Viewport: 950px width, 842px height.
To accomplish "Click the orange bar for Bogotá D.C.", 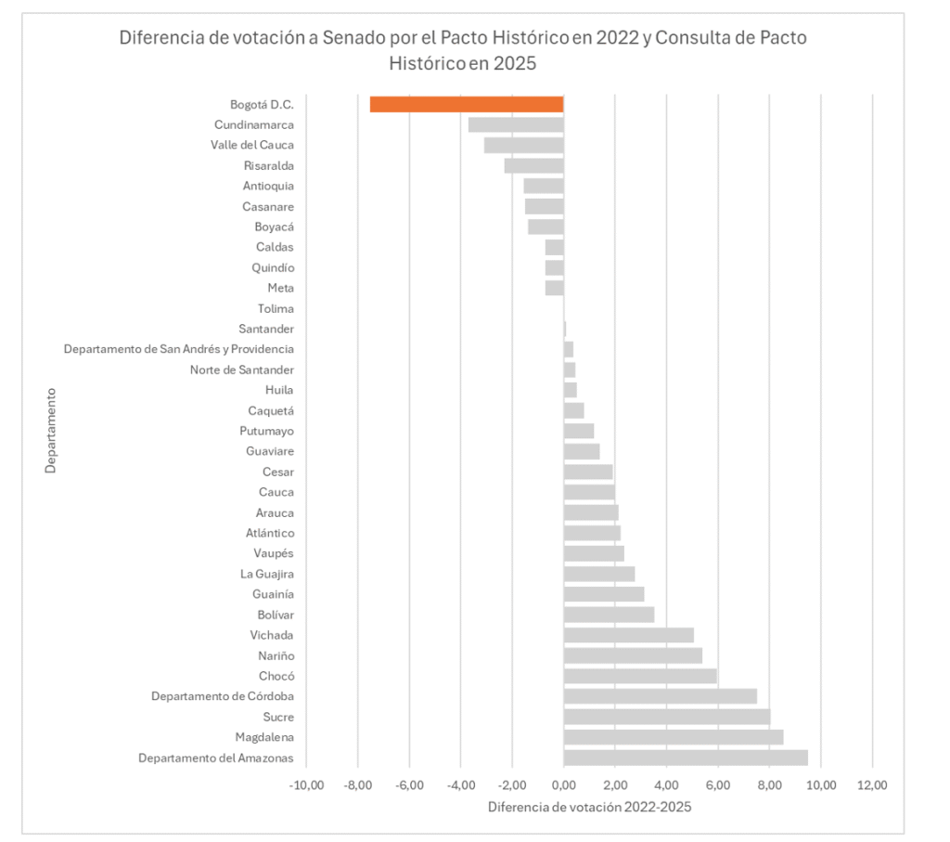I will pyautogui.click(x=467, y=104).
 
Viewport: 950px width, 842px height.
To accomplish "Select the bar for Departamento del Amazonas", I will pyautogui.click(x=686, y=758).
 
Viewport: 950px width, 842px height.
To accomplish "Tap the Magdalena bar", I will pyautogui.click(x=674, y=737).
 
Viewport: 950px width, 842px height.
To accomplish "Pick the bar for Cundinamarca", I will pyautogui.click(x=516, y=124).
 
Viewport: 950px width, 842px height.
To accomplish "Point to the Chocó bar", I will pyautogui.click(x=640, y=676).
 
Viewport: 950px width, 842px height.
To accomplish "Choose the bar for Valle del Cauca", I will pyautogui.click(x=524, y=145).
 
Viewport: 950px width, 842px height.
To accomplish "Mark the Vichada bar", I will pyautogui.click(x=629, y=635).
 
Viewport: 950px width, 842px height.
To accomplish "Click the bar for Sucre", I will pyautogui.click(x=667, y=717).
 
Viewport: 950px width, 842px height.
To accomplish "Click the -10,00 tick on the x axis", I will pyautogui.click(x=307, y=784).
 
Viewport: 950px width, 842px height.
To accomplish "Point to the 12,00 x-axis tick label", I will pyautogui.click(x=872, y=784).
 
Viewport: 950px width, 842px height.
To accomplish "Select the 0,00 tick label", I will pyautogui.click(x=563, y=784).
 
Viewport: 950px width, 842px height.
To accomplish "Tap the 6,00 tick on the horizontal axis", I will pyautogui.click(x=717, y=784).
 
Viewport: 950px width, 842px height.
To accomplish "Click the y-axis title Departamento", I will pyautogui.click(x=51, y=430).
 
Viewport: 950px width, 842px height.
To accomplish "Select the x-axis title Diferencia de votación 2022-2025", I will pyautogui.click(x=589, y=807).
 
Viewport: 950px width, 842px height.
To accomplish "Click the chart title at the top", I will pyautogui.click(x=462, y=51).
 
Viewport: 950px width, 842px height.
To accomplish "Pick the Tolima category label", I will pyautogui.click(x=276, y=308).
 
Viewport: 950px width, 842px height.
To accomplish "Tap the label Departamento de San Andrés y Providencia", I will pyautogui.click(x=179, y=349).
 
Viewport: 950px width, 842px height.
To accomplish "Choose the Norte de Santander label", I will pyautogui.click(x=242, y=369).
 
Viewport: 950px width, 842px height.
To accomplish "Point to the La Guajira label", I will pyautogui.click(x=267, y=574).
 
